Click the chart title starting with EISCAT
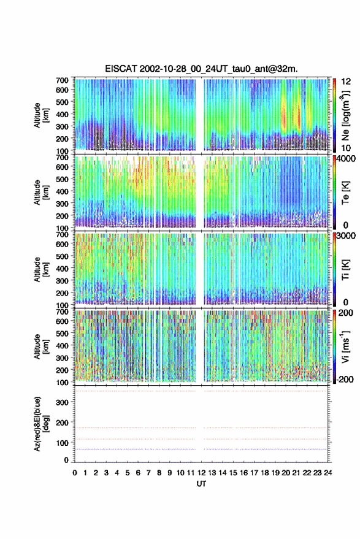click(201, 69)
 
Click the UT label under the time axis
click(201, 484)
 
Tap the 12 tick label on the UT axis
click(202, 473)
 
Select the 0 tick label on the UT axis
click(75, 473)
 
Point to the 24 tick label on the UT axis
click(327, 473)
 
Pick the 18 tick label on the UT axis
click(265, 473)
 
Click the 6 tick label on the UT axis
click(138, 473)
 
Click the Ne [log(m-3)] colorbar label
click(345, 115)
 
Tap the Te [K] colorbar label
click(345, 193)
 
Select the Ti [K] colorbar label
click(345, 270)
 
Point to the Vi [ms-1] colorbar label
click(345, 346)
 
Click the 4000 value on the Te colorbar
click(346, 160)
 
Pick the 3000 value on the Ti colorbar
click(346, 236)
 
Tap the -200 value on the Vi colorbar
click(345, 379)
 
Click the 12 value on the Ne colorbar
click(346, 82)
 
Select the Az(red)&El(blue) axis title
click(40, 424)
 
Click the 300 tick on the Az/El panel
click(62, 402)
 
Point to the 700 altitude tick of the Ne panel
click(62, 80)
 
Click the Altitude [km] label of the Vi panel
click(40, 346)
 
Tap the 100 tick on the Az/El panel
click(62, 443)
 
